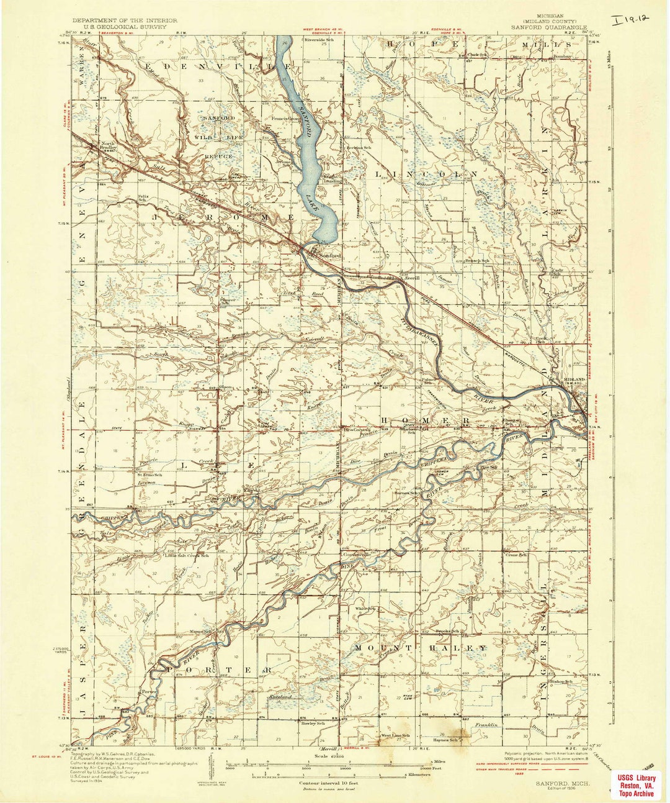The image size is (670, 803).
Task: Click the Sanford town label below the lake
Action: pos(330,255)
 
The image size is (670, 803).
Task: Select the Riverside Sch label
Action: pos(319,40)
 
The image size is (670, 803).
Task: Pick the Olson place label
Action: pos(225,388)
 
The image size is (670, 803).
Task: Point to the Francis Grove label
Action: pos(285,118)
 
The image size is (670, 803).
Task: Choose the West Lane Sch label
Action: pos(395,736)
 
